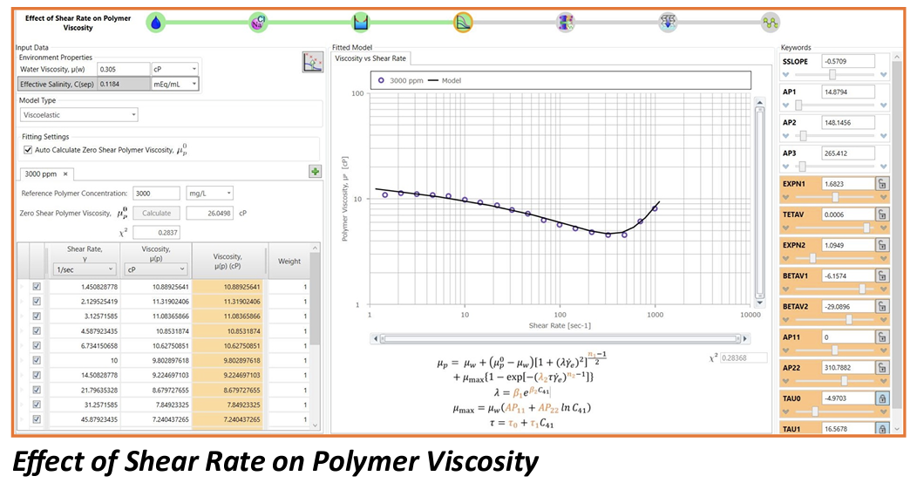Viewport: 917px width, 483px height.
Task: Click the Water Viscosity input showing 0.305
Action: (x=122, y=69)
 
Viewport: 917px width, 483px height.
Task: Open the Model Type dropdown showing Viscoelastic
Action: (x=79, y=114)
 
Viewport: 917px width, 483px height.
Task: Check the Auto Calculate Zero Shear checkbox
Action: (x=28, y=150)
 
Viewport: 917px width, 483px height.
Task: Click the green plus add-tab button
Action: (x=316, y=172)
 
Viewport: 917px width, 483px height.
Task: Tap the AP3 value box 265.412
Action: (x=846, y=153)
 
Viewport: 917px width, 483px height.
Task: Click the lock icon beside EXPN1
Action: (x=882, y=184)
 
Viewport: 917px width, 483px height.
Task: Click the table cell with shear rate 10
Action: (x=84, y=359)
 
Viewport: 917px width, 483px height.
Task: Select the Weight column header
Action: (x=289, y=261)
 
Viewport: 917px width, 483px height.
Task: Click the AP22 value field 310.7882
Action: (x=846, y=367)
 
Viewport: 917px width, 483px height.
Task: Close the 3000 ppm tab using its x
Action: (x=65, y=173)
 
